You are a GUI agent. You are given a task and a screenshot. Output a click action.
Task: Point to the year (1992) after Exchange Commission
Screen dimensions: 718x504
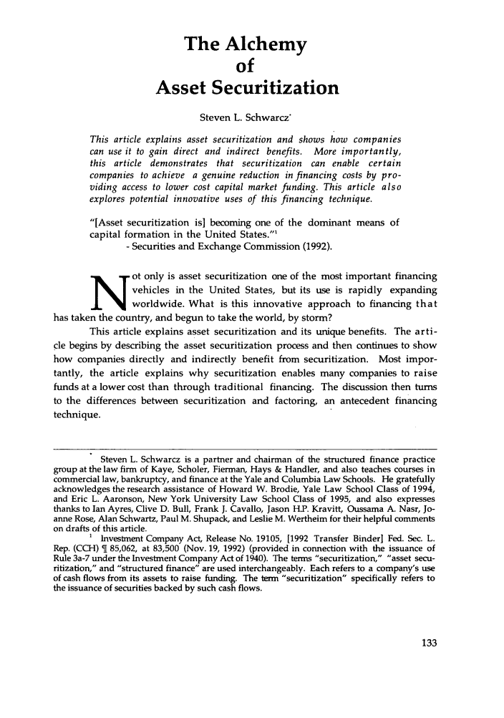[318, 247]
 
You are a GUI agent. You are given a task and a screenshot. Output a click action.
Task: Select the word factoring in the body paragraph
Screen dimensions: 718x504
[296, 401]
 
